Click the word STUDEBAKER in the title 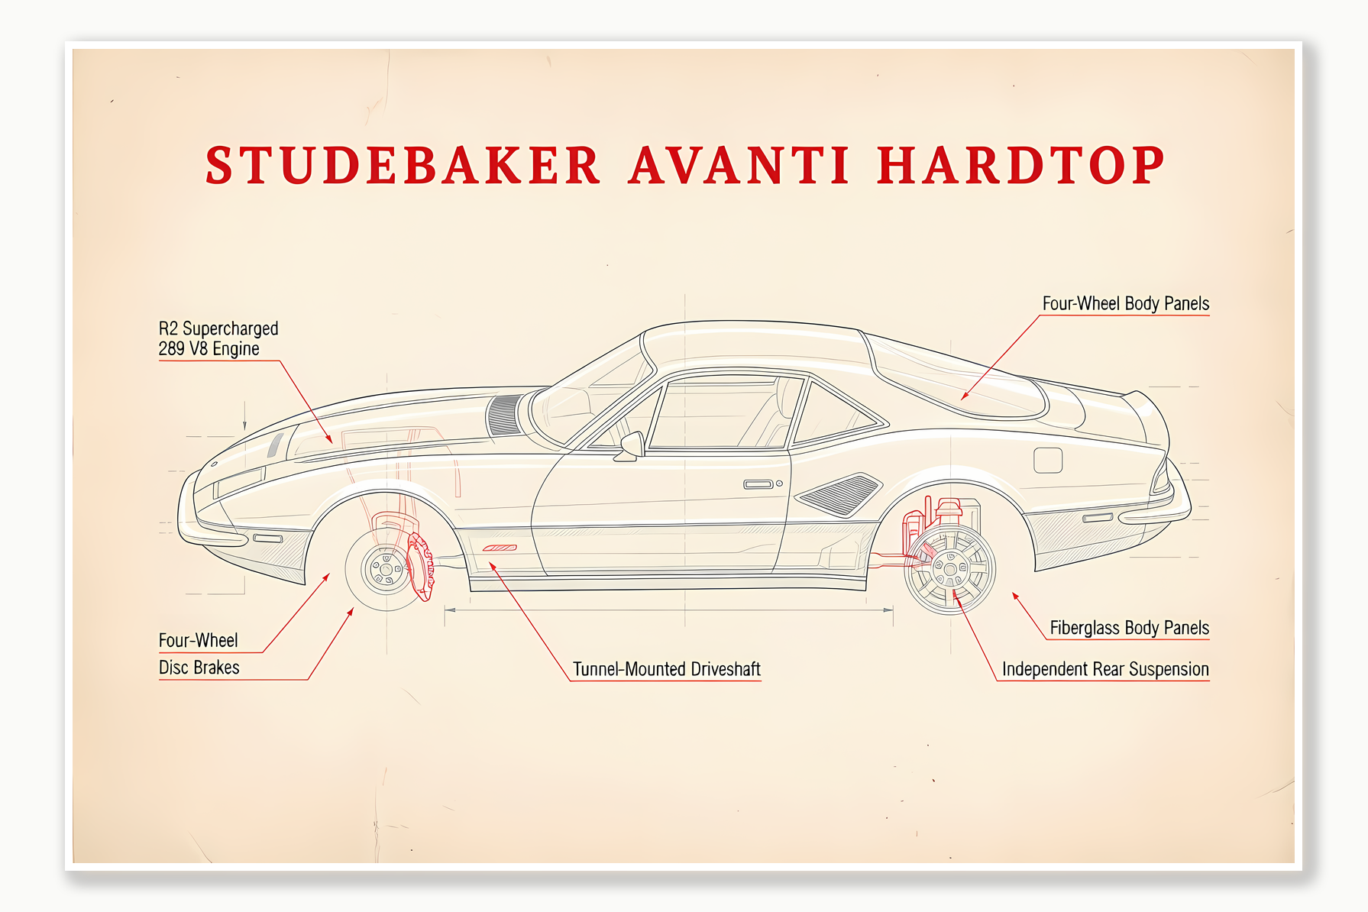click(403, 166)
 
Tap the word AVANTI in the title click(739, 166)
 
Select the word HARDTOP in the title click(1020, 166)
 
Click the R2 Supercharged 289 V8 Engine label click(218, 338)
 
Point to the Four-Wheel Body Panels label click(1125, 304)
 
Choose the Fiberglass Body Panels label click(1129, 628)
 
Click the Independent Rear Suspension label click(1104, 669)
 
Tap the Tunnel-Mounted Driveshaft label click(666, 669)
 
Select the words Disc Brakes click(199, 668)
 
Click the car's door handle click(758, 484)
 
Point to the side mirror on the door click(632, 445)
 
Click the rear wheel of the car click(949, 569)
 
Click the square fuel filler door click(1047, 460)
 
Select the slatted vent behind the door click(839, 494)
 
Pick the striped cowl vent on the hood click(503, 416)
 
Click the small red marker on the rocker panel click(500, 548)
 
